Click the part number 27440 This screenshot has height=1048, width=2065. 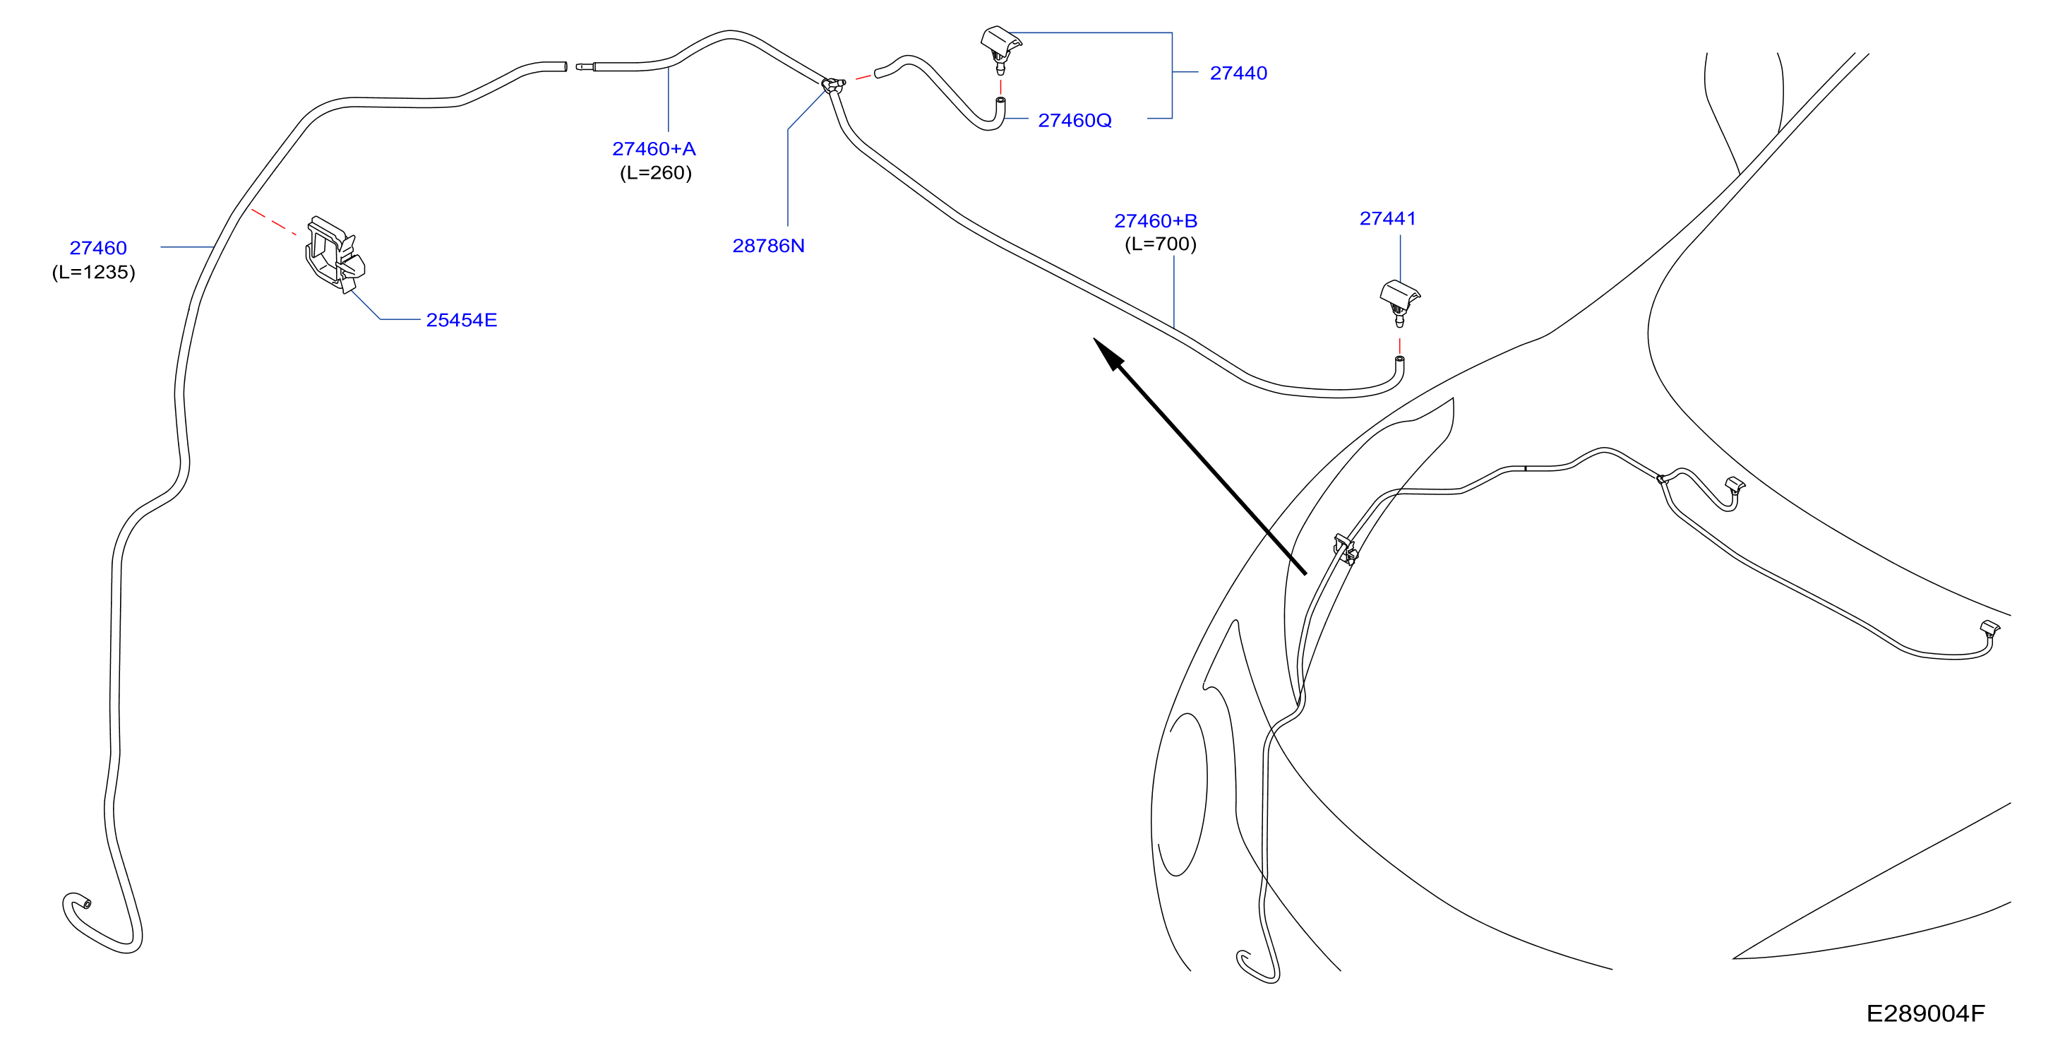tap(1238, 73)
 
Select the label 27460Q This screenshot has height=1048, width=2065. tap(1075, 120)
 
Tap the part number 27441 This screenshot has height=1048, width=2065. tap(1388, 218)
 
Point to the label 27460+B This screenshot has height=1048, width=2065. tap(1155, 220)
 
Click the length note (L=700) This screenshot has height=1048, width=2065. tap(1160, 244)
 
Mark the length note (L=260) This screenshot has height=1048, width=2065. tap(655, 172)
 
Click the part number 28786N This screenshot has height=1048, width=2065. tap(768, 245)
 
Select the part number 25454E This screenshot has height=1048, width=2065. tap(461, 320)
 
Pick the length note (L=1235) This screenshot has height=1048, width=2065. tap(93, 272)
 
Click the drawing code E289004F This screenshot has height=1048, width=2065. tap(1925, 1013)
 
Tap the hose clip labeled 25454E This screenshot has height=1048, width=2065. tap(335, 254)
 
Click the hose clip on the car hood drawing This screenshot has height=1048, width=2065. tap(1344, 549)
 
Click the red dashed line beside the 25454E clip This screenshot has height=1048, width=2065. tap(274, 222)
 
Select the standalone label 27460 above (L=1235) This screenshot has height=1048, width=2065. tap(98, 248)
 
